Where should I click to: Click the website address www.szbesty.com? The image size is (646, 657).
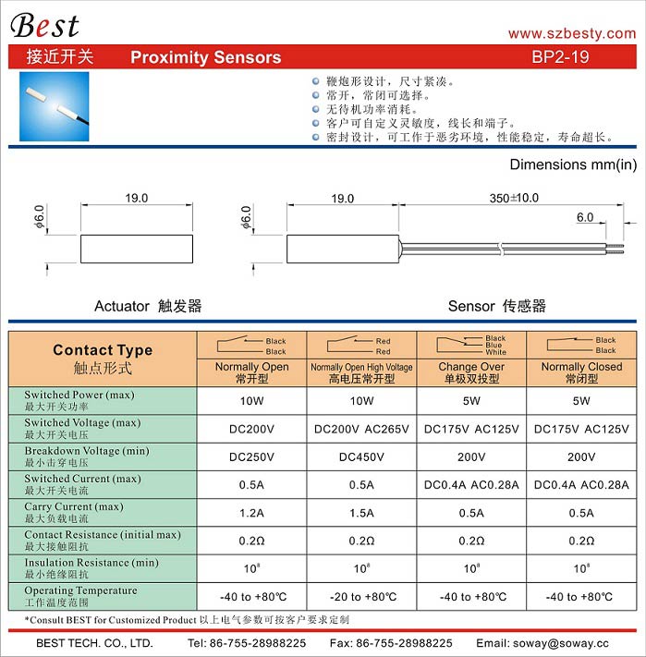(x=572, y=33)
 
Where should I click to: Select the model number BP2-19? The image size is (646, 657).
(x=561, y=56)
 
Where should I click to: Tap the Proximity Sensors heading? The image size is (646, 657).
(x=205, y=57)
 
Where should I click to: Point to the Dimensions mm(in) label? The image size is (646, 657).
(x=573, y=164)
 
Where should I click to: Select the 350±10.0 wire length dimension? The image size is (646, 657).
(x=513, y=198)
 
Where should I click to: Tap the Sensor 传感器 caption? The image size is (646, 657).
(x=496, y=306)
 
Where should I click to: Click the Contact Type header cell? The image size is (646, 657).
(x=103, y=359)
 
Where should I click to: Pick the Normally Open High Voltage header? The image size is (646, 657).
(x=361, y=372)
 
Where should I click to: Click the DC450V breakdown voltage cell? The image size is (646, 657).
(x=361, y=456)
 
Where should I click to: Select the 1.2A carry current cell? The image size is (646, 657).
(x=251, y=513)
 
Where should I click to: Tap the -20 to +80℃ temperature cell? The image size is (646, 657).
(x=361, y=596)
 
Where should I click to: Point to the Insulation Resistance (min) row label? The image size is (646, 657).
(x=91, y=568)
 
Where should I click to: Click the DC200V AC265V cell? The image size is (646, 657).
(x=361, y=429)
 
